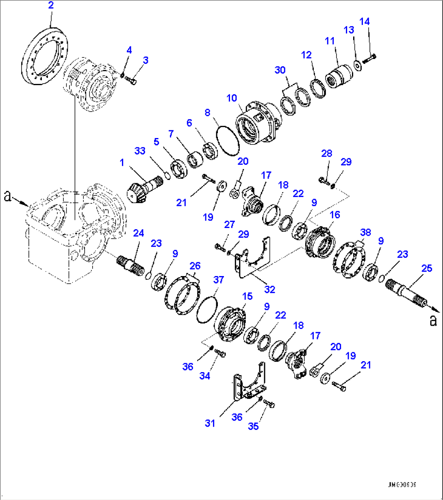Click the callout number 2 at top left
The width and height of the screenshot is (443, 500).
(x=50, y=6)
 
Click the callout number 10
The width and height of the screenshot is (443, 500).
(x=232, y=98)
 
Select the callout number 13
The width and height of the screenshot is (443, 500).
(x=349, y=30)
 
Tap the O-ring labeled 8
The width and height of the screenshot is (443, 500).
(x=226, y=140)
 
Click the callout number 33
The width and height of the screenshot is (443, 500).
(x=140, y=151)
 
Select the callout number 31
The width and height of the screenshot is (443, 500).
(x=210, y=423)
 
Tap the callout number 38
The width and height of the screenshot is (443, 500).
(x=365, y=232)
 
